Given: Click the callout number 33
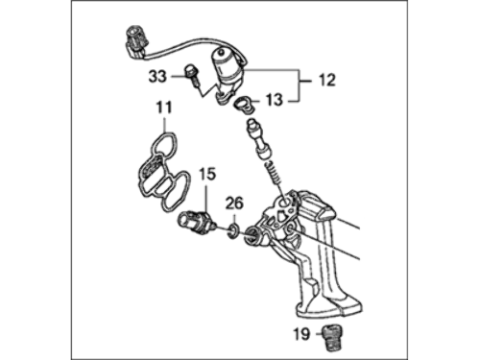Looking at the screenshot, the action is pos(157,77).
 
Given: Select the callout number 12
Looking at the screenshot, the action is pos(326,80).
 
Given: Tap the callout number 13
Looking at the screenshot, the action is pos(275,100).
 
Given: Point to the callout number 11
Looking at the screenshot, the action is pos(164,108).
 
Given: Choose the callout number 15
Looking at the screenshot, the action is pos(207,175).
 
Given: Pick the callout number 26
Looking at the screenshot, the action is pos(234,204).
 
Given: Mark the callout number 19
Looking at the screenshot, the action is pos(302,334).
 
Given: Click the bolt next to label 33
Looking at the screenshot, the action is pos(191,76).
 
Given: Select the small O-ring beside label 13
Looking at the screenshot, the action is pos(245,106).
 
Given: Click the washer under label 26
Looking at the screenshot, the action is pos(233,231).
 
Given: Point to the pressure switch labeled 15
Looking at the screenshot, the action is pos(196,223).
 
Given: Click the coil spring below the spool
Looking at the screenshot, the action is pos(274,172).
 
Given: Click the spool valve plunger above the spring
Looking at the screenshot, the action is pos(258,138).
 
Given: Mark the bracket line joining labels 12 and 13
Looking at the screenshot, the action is pos(300,85).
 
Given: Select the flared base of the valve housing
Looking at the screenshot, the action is pos(329,305).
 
